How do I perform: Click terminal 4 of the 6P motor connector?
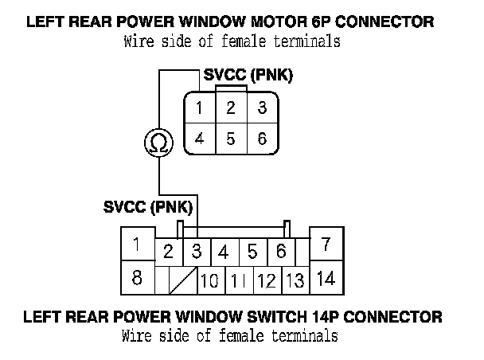pyautogui.click(x=201, y=138)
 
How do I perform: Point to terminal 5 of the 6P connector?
pyautogui.click(x=230, y=138)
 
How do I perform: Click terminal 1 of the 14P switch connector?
pyautogui.click(x=138, y=245)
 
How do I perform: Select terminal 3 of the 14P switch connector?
pyautogui.click(x=196, y=252)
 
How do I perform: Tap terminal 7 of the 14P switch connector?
pyautogui.click(x=326, y=245)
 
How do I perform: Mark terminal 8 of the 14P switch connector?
pyautogui.click(x=138, y=278)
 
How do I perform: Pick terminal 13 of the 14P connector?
pyautogui.click(x=295, y=281)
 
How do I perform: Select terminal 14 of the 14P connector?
pyautogui.click(x=326, y=279)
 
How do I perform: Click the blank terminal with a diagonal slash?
pyautogui.click(x=183, y=281)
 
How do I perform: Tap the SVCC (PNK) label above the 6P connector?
pyautogui.click(x=248, y=76)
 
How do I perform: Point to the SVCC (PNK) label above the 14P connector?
pyautogui.click(x=149, y=207)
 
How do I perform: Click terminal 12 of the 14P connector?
pyautogui.click(x=267, y=281)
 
